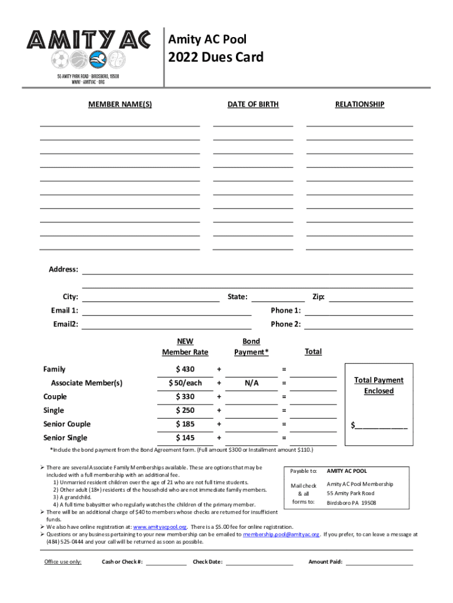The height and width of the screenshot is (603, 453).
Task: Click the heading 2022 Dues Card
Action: coord(216,57)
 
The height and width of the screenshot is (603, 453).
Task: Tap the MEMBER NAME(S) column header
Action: coord(120,104)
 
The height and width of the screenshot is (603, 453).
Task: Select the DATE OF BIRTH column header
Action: coord(253,104)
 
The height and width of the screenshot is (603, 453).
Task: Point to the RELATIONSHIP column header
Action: coord(359,104)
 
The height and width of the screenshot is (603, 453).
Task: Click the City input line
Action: coord(151,297)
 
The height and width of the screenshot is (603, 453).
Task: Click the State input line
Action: coord(278,297)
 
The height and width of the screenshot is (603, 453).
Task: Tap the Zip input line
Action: coord(371,297)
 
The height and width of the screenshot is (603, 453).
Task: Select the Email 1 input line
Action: coord(166,311)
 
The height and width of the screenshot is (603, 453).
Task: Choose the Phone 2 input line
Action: coord(358,324)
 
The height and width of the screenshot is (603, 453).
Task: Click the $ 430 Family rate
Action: coord(185,369)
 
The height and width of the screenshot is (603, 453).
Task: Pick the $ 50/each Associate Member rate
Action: coord(185,383)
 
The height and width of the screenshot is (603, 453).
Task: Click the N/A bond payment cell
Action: coord(252,383)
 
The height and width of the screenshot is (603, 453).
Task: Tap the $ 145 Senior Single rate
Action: coord(185,438)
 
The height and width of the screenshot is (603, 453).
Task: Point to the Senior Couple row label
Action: coord(67,424)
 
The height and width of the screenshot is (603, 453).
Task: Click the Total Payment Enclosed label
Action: coord(378,386)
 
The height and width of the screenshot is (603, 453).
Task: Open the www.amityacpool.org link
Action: coord(160,526)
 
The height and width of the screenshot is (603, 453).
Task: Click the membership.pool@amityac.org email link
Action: coord(281,535)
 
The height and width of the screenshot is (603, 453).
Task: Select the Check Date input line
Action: coord(259,562)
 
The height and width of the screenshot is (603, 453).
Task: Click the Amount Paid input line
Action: coord(379,562)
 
